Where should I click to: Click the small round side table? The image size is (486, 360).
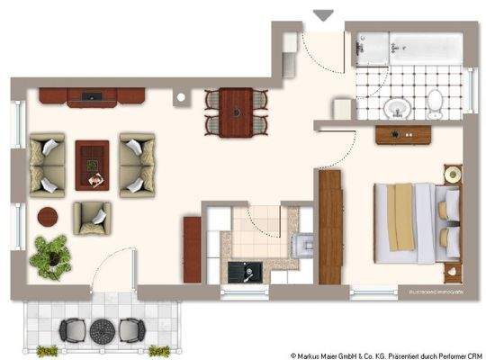coord(49,217)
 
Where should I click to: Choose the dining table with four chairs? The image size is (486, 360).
coord(237,111)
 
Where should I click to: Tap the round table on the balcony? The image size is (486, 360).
coord(104,328)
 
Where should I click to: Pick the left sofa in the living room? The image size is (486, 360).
coord(48,166)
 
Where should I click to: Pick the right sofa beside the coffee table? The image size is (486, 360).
coord(136,166)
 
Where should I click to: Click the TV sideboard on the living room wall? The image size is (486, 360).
coord(93,95)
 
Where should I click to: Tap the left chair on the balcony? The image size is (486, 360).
coord(70,329)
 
